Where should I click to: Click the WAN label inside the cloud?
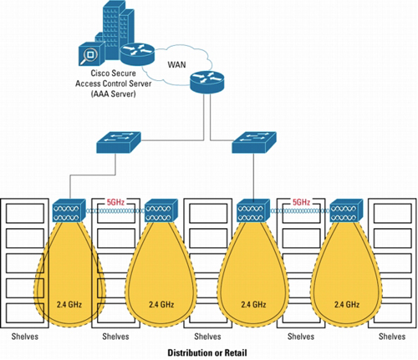(x=176, y=64)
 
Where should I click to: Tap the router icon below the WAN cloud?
(x=207, y=81)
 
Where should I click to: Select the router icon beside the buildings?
(x=137, y=53)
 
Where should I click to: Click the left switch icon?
(x=119, y=142)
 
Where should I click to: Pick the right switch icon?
(x=254, y=142)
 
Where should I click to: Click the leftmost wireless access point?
(x=69, y=210)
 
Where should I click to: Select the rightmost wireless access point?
(x=346, y=210)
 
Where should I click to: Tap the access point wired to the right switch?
(x=253, y=210)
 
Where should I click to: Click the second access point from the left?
(x=161, y=210)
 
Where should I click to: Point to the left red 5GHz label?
(x=115, y=202)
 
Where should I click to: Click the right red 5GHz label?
(x=301, y=202)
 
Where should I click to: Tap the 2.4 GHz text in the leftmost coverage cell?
(x=69, y=304)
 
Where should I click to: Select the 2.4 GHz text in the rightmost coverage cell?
(x=347, y=304)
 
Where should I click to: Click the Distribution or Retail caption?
(x=207, y=352)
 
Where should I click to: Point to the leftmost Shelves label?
(x=25, y=337)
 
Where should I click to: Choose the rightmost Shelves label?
(x=392, y=337)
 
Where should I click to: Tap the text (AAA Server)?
(x=113, y=94)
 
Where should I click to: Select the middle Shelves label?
(x=207, y=337)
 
